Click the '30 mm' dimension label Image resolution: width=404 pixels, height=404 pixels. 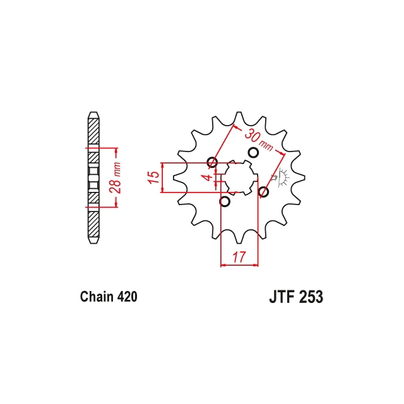pos(258,140)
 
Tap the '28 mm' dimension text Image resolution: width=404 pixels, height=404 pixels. pos(115,177)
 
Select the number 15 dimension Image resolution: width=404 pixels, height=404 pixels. pos(153,177)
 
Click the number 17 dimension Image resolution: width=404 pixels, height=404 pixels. pos(239,257)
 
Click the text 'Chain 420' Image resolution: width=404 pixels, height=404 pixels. pos(109,297)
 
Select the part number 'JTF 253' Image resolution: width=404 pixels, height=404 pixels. pos(296,297)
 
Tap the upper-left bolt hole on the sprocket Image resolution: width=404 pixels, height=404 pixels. pos(212,162)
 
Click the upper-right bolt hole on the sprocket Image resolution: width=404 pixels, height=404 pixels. pos(253,153)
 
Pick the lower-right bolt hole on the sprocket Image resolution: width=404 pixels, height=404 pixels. pos(263,192)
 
